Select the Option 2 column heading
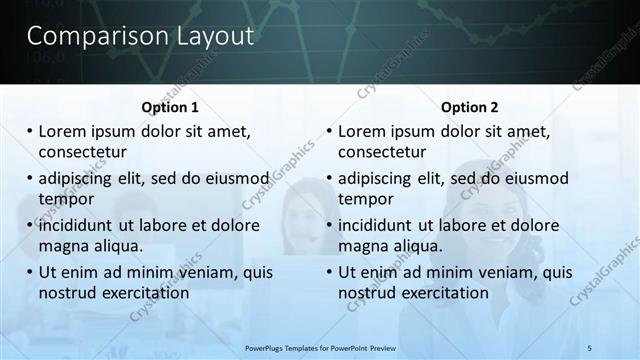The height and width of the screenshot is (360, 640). (468, 107)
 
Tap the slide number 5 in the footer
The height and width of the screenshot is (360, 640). (590, 348)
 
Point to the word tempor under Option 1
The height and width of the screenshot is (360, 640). (66, 199)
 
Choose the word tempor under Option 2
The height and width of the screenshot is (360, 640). (366, 199)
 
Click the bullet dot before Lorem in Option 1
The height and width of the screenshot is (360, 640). (29, 131)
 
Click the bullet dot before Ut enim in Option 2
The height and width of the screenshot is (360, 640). (329, 272)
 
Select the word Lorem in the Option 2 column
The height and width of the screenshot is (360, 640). (362, 131)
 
